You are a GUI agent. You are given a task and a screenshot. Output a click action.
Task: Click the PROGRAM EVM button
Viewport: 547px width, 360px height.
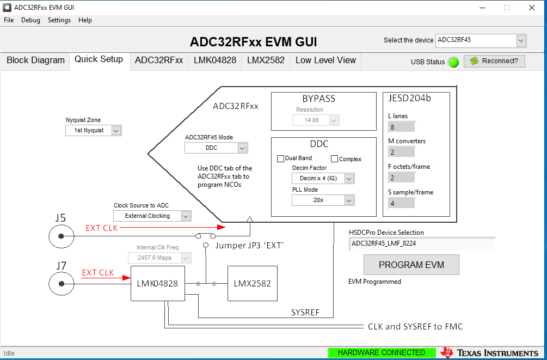click(x=411, y=265)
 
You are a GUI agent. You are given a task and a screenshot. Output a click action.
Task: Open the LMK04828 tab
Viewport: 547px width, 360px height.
click(x=215, y=60)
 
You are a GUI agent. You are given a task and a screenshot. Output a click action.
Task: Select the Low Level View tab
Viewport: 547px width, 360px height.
click(x=325, y=60)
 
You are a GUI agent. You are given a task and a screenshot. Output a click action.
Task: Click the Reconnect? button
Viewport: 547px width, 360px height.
click(x=494, y=61)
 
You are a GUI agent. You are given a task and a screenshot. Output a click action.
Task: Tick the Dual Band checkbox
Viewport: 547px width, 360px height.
click(x=281, y=158)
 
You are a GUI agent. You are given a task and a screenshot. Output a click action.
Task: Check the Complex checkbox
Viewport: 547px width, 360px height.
click(x=335, y=159)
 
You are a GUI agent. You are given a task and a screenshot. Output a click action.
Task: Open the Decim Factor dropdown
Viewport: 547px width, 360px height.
click(x=323, y=178)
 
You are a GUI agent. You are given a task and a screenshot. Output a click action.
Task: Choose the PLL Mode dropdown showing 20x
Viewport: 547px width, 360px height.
click(x=323, y=200)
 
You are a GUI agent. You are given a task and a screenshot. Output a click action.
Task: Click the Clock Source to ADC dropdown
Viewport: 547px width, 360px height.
click(x=152, y=216)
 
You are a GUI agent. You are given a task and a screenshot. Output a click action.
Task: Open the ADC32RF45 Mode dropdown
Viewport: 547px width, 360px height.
click(x=216, y=148)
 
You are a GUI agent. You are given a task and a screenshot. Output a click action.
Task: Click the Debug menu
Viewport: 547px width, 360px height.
click(x=30, y=20)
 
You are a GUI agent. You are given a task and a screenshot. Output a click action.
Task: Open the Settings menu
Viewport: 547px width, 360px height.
click(x=59, y=20)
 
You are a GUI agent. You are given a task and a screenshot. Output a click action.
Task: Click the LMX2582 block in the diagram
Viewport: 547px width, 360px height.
click(x=252, y=283)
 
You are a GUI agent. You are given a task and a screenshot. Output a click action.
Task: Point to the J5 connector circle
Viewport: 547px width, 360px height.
click(x=62, y=236)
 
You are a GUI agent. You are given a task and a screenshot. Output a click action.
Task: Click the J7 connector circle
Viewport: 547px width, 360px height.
click(x=62, y=284)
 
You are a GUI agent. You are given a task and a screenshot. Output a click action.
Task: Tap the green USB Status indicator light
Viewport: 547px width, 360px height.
click(x=453, y=62)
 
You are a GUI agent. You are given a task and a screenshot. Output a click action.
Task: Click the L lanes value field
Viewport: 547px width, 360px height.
click(x=402, y=127)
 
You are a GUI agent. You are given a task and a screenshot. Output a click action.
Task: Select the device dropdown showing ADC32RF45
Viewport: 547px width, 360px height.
click(x=481, y=40)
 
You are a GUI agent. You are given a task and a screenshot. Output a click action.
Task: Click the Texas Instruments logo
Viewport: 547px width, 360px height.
click(x=489, y=353)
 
